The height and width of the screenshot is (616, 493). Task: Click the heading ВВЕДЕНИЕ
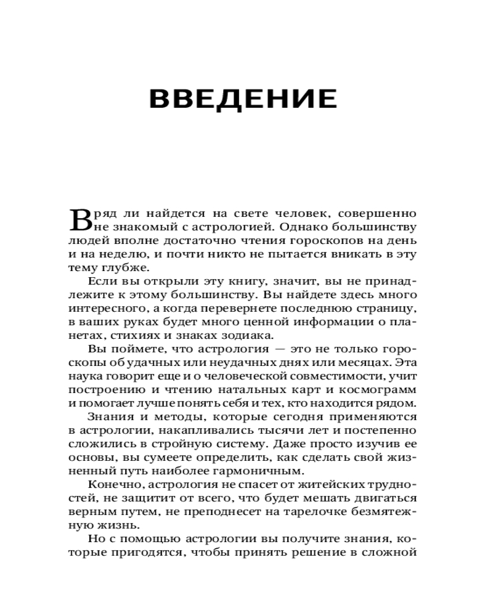(x=243, y=99)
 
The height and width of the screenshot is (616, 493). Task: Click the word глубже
(x=126, y=267)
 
